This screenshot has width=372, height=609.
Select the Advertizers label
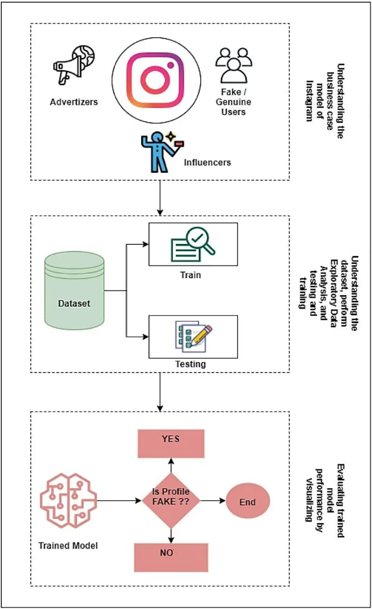tap(74, 102)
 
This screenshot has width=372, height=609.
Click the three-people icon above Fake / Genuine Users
tap(234, 65)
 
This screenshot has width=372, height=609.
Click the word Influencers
tap(207, 162)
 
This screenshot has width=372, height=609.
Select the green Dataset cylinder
tap(74, 290)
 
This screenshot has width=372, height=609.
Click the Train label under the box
tap(191, 275)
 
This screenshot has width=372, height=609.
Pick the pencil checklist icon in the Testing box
tap(193, 336)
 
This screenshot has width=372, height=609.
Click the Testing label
tap(191, 364)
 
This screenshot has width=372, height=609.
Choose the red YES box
tap(171, 443)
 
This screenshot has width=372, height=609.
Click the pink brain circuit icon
tap(68, 500)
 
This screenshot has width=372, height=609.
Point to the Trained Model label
tap(68, 546)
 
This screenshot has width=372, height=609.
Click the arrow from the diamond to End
tap(213, 501)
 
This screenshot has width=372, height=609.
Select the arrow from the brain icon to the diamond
tap(119, 501)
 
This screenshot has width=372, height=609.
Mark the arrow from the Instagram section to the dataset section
tap(160, 197)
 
